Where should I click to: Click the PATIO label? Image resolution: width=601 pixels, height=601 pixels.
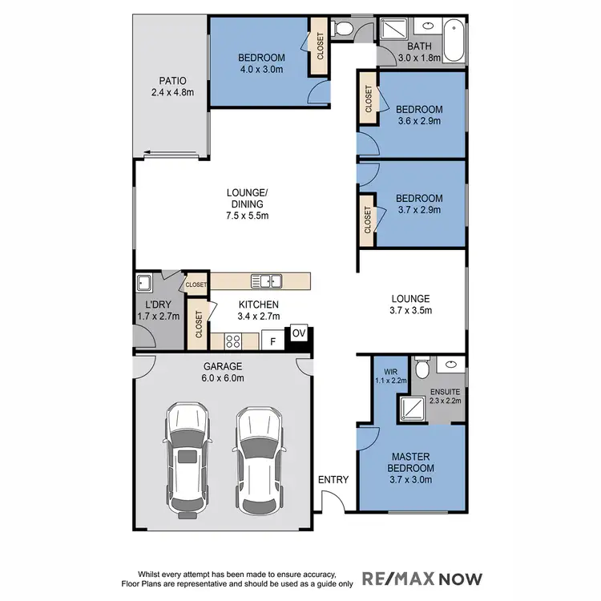(172, 81)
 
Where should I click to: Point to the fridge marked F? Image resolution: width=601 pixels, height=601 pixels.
(273, 341)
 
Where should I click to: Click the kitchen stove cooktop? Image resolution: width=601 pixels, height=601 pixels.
(234, 341)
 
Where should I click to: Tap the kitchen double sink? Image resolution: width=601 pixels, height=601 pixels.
(265, 280)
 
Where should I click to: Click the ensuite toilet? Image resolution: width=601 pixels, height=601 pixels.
(426, 368)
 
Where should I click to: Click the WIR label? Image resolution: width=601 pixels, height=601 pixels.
(391, 371)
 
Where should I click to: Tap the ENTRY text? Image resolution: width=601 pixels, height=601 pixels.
(333, 480)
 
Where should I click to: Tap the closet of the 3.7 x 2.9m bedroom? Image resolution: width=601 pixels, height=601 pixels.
(368, 218)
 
